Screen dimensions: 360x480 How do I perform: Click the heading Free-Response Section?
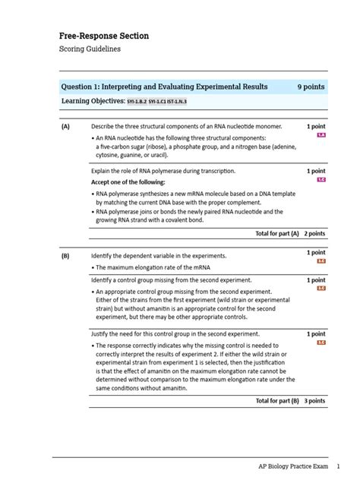click(x=104, y=36)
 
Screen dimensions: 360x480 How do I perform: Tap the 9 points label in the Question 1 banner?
click(x=311, y=87)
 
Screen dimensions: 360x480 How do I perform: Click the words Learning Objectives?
click(x=93, y=101)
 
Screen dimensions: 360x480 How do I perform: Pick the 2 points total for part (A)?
click(x=315, y=233)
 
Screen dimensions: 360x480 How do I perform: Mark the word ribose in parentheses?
click(x=156, y=146)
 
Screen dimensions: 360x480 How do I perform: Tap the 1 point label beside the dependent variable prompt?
click(x=316, y=253)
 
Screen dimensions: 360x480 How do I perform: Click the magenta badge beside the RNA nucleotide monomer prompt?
click(x=321, y=134)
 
